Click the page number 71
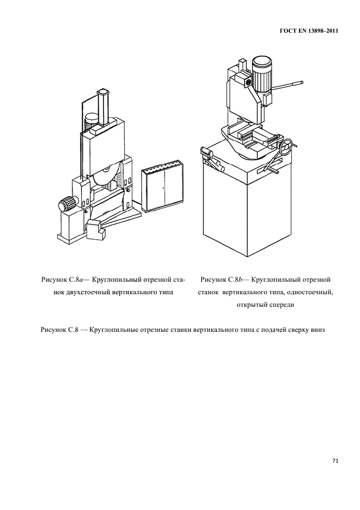[335, 461]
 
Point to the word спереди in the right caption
[281, 305]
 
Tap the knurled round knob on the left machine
[66, 205]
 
